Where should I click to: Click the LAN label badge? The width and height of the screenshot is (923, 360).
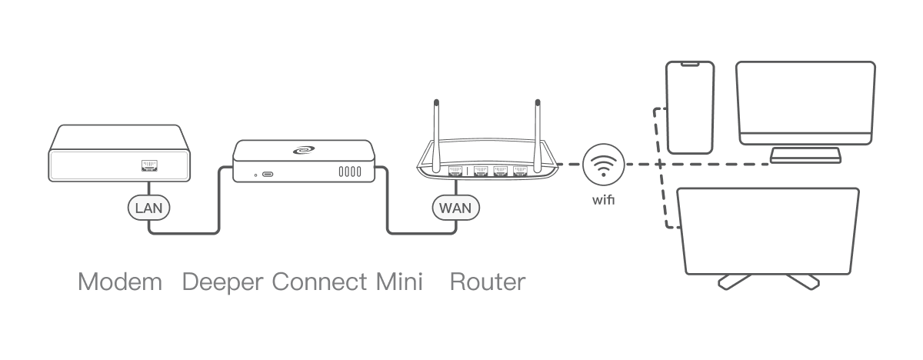[x=148, y=208]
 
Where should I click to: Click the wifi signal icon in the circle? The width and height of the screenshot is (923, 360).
[x=603, y=164]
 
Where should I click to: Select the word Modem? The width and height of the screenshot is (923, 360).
[x=120, y=282]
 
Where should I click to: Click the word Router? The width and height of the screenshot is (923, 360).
[x=488, y=282]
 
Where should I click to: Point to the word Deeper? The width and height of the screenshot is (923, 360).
[x=224, y=282]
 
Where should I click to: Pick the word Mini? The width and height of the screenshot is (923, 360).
[x=399, y=282]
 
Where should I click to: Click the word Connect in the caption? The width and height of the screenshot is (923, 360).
[x=319, y=282]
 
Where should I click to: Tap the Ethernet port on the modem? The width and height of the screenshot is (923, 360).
[x=149, y=165]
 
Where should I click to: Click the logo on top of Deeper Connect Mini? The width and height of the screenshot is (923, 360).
[x=303, y=152]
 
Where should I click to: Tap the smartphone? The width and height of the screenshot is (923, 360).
[x=690, y=108]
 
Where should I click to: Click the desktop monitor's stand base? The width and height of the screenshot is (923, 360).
[x=805, y=156]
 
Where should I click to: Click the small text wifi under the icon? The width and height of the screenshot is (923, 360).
[x=603, y=201]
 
